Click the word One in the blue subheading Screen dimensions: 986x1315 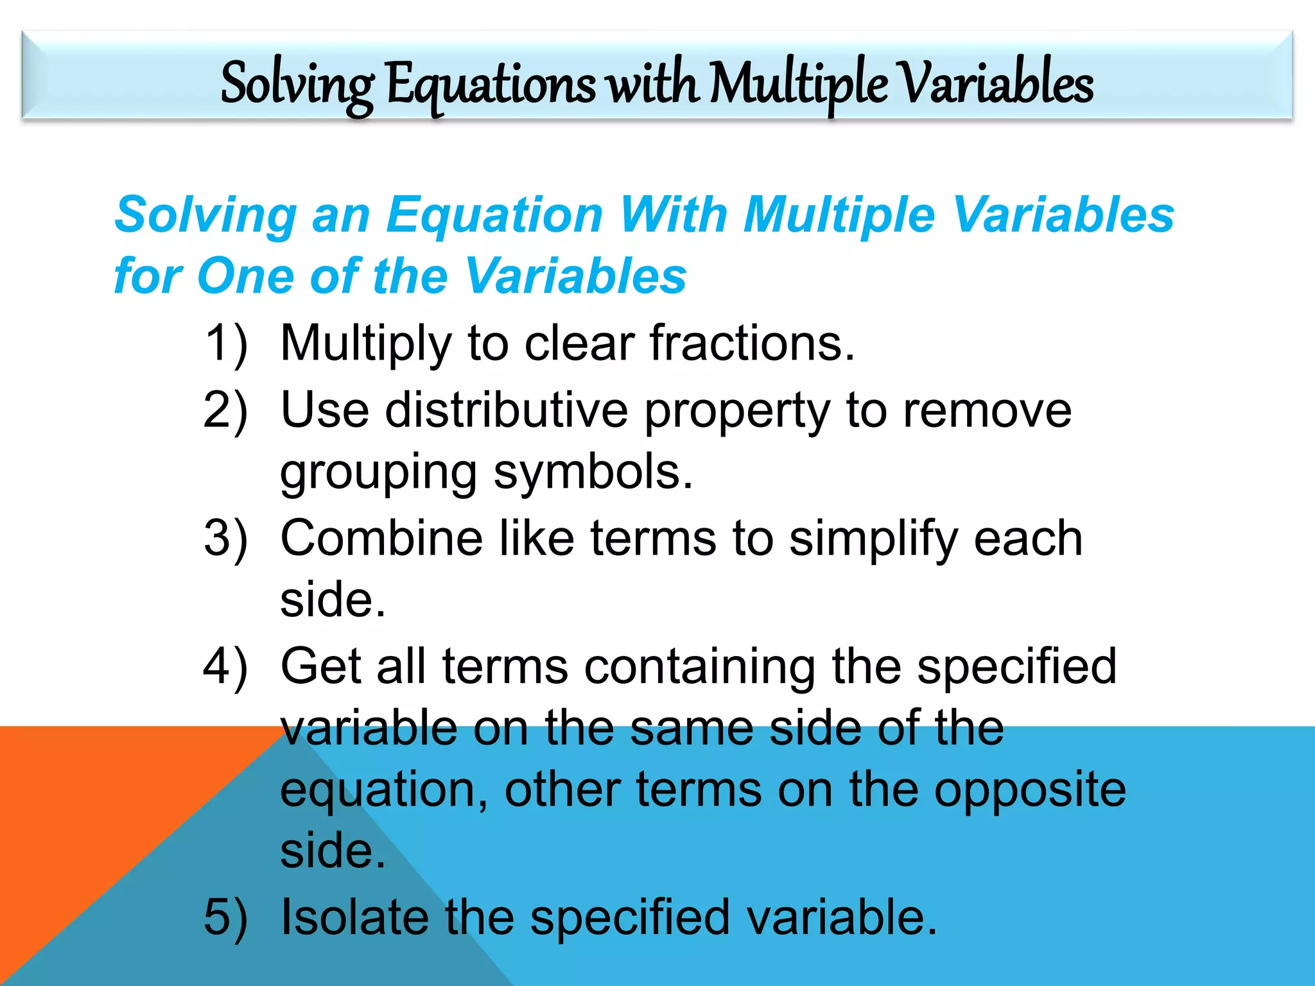click(x=246, y=276)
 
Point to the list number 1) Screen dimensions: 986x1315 click(x=225, y=344)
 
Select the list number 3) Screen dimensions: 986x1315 click(x=225, y=538)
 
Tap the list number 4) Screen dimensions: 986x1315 click(x=225, y=666)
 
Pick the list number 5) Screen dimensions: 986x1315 click(x=225, y=917)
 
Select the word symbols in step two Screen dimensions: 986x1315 click(x=593, y=472)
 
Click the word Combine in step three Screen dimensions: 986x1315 click(x=381, y=538)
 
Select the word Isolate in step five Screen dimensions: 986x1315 click(x=355, y=917)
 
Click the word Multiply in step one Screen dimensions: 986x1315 click(x=367, y=344)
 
